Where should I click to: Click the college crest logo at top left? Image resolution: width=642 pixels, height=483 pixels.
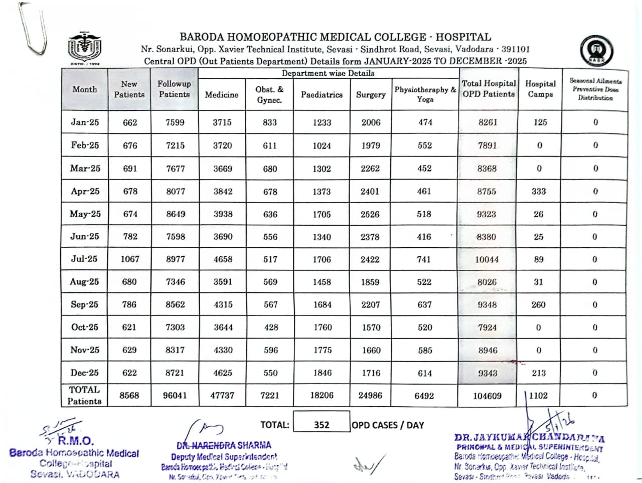coord(84,49)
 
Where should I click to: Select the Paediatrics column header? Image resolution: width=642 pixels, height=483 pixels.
coord(322,94)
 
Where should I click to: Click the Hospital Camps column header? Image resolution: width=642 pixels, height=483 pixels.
coord(540,89)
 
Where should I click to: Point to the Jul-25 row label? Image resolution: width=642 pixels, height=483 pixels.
coord(84,259)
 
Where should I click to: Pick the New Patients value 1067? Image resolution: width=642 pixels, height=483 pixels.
coord(129,259)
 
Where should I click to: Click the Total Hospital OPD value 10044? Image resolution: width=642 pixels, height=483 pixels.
coord(487,259)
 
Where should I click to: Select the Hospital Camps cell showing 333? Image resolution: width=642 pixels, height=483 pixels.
coord(539,191)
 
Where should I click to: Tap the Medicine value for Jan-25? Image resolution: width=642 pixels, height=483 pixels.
coord(222,122)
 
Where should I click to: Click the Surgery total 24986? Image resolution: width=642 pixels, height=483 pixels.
coord(370,395)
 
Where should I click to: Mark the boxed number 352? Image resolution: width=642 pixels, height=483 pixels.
coord(322,425)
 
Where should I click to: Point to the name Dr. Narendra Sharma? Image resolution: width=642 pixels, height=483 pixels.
coord(224,445)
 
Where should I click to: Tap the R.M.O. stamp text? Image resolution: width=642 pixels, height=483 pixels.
coord(75,441)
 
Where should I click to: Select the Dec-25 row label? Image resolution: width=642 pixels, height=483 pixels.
coord(84,373)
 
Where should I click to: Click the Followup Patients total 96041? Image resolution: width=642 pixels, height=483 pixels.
coord(175,395)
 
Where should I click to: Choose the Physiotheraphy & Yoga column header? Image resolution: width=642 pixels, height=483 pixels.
coord(425,94)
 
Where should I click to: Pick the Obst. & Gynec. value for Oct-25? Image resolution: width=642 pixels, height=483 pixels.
coord(271,328)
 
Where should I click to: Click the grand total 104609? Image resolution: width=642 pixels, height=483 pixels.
coord(487,396)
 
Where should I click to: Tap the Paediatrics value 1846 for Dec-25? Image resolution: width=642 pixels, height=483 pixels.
coord(323,373)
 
